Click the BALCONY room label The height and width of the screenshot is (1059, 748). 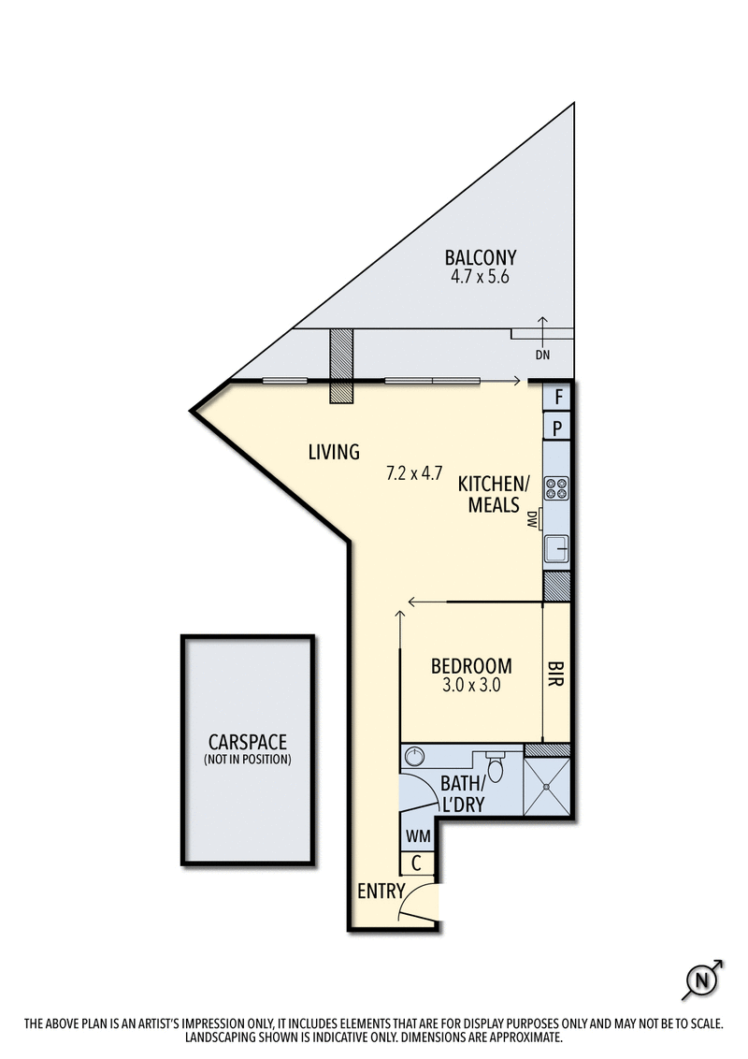point(481,257)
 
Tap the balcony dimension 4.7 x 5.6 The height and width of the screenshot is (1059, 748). point(481,277)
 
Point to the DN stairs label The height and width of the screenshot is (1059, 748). point(542,355)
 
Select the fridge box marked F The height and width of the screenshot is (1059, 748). point(558,397)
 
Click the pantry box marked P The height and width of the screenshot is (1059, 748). point(558,428)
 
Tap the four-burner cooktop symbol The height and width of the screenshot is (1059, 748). point(557,488)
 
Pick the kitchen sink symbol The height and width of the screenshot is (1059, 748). point(557,546)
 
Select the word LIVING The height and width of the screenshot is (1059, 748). point(334,453)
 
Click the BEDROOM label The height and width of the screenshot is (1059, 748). point(471,666)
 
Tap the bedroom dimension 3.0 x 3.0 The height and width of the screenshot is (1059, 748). point(471,685)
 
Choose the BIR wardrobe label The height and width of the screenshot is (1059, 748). point(556,675)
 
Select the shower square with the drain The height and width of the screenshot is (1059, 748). point(546,787)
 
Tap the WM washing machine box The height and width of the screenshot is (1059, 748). point(416,834)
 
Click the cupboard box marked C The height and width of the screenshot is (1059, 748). point(416,863)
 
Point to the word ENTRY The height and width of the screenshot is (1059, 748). point(381,891)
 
